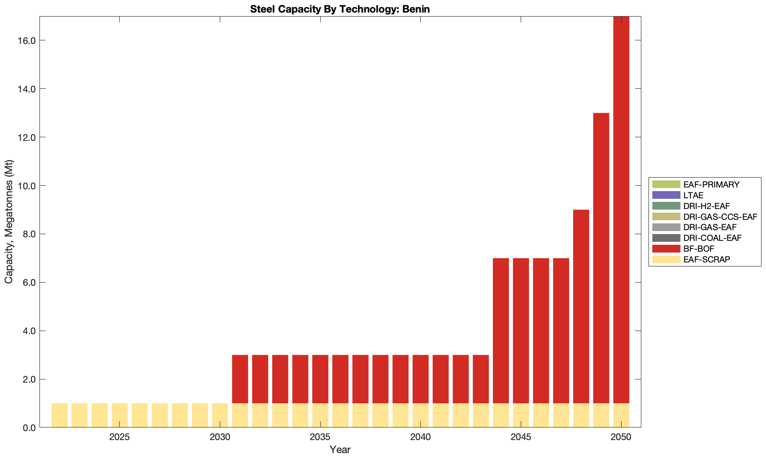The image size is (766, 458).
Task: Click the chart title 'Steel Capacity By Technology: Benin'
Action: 340,9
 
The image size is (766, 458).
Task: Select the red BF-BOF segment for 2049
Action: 601,258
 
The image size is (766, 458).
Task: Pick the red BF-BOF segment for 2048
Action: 581,306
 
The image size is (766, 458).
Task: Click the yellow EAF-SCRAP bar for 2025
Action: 120,415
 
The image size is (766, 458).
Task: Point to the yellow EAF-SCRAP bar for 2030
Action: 220,415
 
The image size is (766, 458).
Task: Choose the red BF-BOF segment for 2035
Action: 320,379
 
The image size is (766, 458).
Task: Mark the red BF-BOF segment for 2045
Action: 521,331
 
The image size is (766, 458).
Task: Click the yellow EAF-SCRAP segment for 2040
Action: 420,415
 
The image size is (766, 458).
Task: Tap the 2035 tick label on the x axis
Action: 320,437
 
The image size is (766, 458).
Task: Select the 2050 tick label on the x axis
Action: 621,437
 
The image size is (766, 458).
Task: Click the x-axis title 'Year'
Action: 340,449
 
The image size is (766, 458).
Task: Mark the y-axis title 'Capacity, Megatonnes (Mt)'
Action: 9,222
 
